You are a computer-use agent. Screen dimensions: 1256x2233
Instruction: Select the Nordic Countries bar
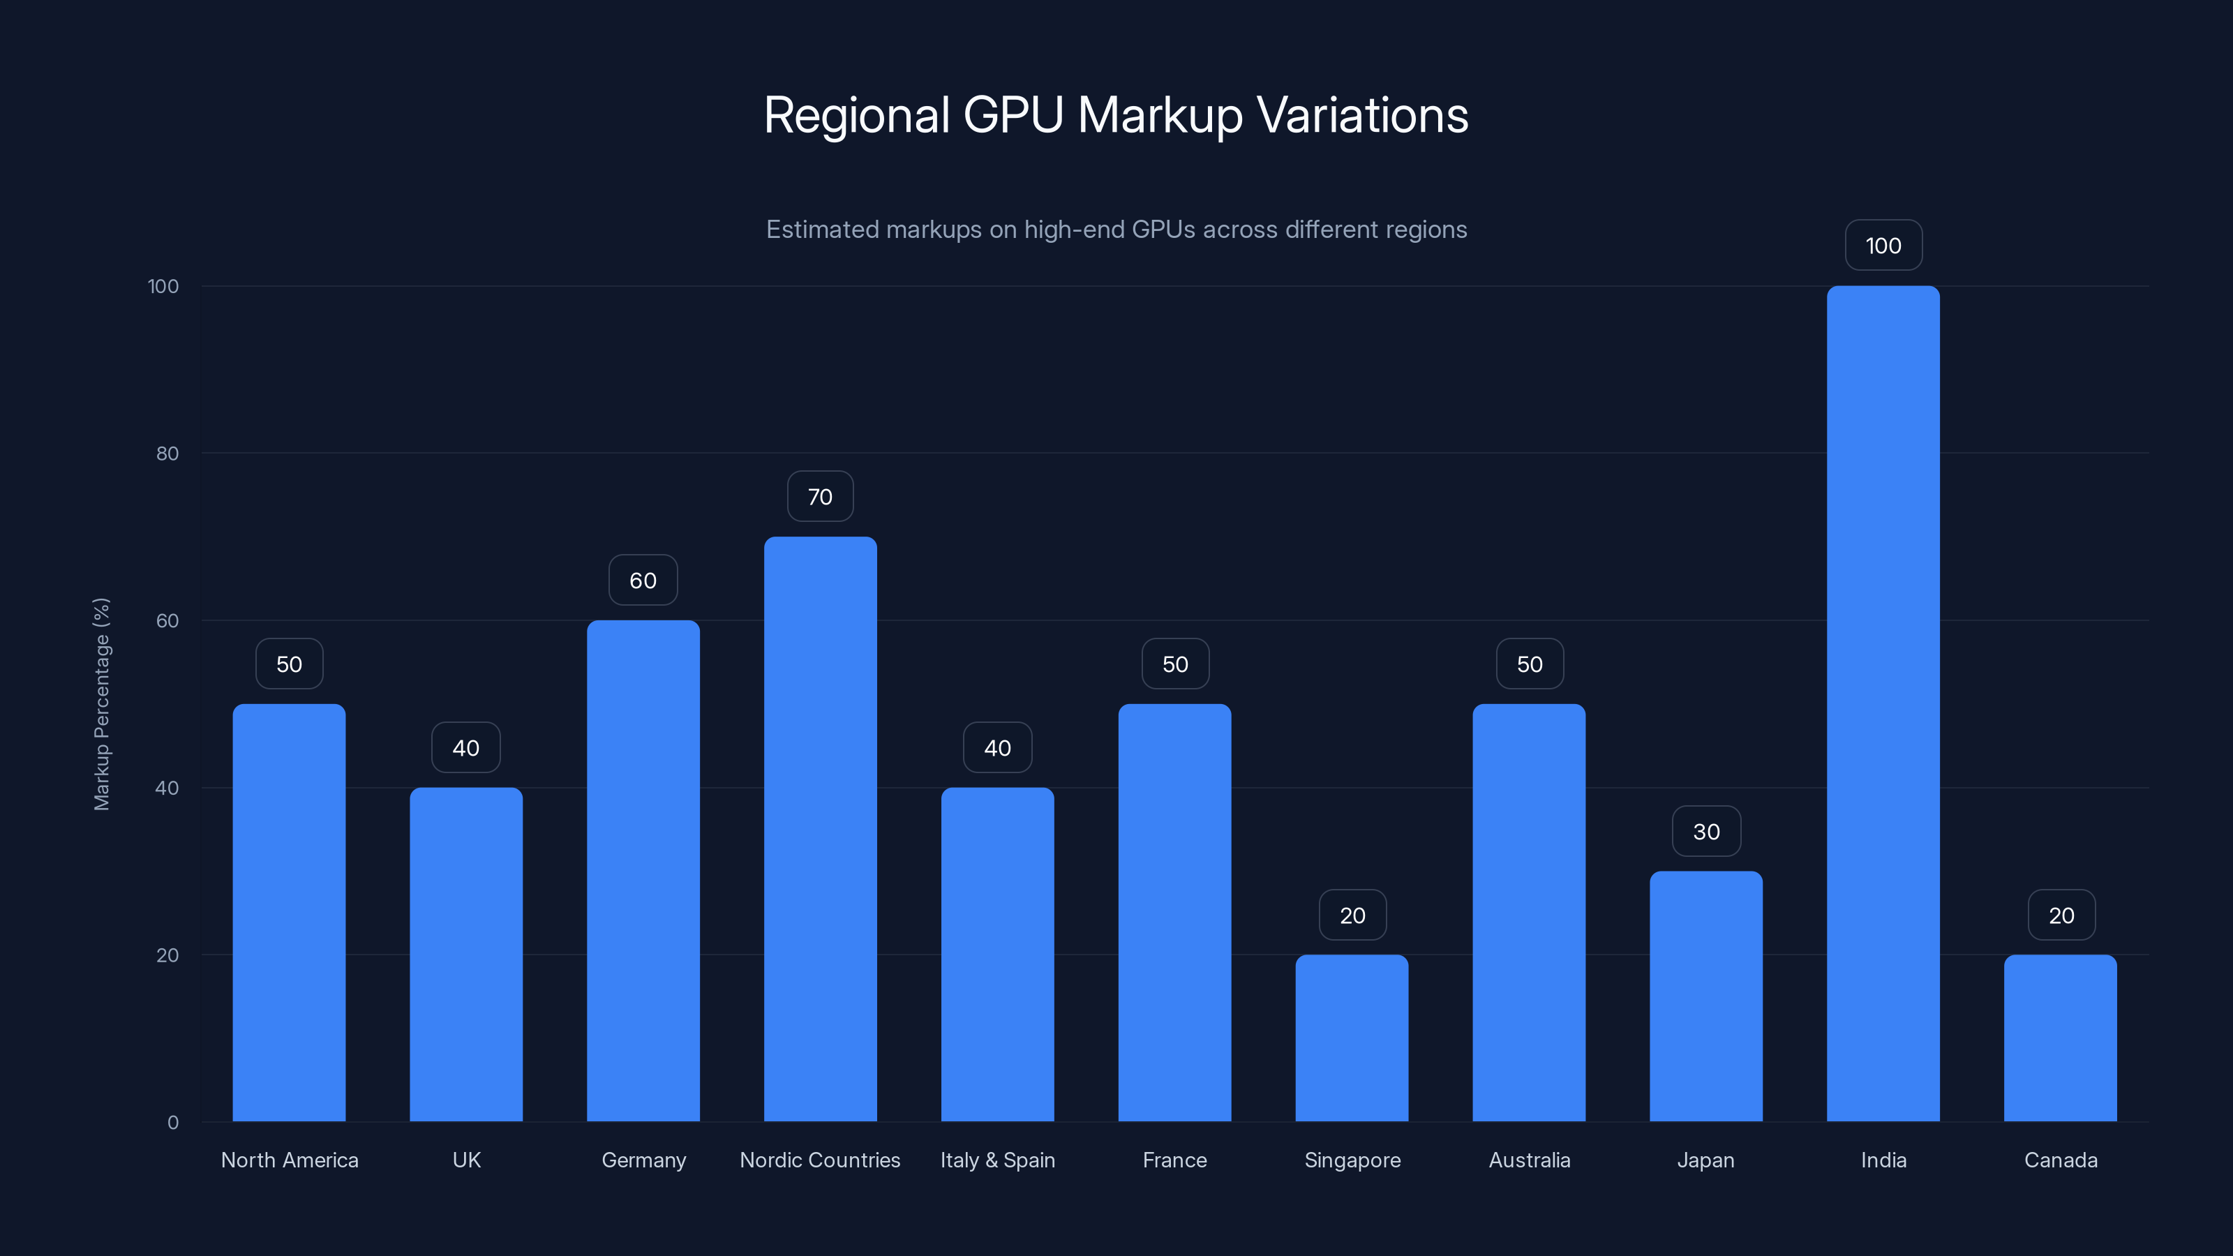click(820, 829)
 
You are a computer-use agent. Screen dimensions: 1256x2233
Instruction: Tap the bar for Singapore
click(1352, 1038)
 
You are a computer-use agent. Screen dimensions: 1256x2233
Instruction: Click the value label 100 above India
click(1883, 246)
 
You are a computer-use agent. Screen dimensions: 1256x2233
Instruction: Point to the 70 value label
click(820, 497)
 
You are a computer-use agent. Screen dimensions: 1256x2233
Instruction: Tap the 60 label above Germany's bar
click(642, 581)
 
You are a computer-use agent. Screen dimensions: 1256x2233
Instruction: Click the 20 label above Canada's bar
click(2061, 915)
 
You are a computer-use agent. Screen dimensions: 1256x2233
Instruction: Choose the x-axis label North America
click(290, 1160)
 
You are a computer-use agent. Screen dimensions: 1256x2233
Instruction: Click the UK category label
click(466, 1160)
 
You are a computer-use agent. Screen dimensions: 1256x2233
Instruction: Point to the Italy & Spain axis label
click(998, 1160)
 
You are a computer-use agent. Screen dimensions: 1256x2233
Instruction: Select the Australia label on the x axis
click(1529, 1160)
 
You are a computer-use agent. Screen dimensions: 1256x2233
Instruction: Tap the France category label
click(1174, 1160)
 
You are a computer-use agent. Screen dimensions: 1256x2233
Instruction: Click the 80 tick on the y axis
click(167, 454)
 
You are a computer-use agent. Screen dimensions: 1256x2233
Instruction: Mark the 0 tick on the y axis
click(172, 1123)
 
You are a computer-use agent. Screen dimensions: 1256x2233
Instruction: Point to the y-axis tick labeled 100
click(163, 286)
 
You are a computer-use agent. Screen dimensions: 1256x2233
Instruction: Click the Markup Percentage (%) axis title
click(101, 704)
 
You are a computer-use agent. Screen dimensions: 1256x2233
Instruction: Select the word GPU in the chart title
click(1013, 115)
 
